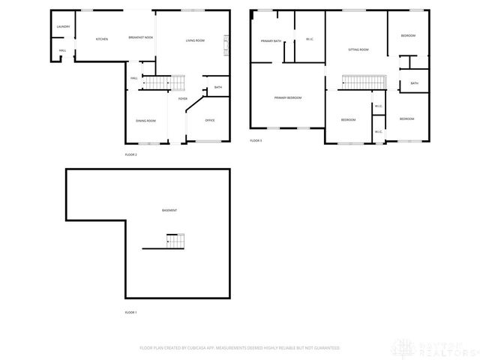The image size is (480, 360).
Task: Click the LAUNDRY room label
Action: (64, 27)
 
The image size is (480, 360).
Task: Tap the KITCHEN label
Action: (102, 39)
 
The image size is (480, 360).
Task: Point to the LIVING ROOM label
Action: (195, 40)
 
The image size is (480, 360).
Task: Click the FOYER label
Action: (182, 99)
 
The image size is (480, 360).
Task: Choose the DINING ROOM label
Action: (145, 121)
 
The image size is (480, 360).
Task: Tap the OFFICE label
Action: (210, 120)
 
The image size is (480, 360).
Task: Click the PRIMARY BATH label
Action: (271, 41)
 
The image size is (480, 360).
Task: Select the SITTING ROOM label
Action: (358, 49)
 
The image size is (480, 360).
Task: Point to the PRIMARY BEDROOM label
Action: (288, 98)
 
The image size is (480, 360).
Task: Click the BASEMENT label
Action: (169, 210)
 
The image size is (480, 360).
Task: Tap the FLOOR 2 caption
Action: (130, 154)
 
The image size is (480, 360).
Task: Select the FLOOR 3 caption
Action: (256, 140)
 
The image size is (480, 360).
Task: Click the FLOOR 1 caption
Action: (130, 311)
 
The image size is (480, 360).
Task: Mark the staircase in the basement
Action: (175, 241)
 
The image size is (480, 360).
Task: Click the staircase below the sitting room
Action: (363, 82)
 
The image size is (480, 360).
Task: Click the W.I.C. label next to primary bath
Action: (309, 39)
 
